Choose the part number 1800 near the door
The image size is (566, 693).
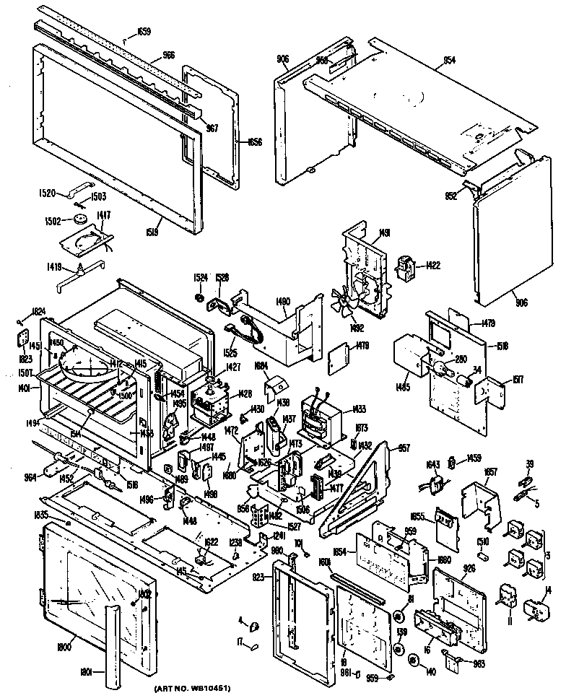coord(64,648)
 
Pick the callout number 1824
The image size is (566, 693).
coord(39,312)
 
